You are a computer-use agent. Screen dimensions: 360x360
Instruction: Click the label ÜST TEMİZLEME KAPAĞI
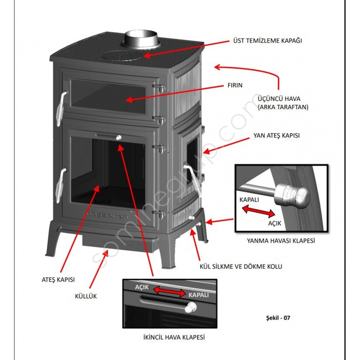coord(268,40)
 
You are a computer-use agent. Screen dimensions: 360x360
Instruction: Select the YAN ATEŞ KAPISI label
coord(276,135)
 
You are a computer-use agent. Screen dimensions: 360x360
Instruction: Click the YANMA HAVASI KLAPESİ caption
coord(281,241)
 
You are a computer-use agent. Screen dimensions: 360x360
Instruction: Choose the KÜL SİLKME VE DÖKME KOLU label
coord(240,266)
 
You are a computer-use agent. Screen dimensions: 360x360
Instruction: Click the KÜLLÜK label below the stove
coord(86,296)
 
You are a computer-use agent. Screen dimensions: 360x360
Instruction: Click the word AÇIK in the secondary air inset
coord(142,287)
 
